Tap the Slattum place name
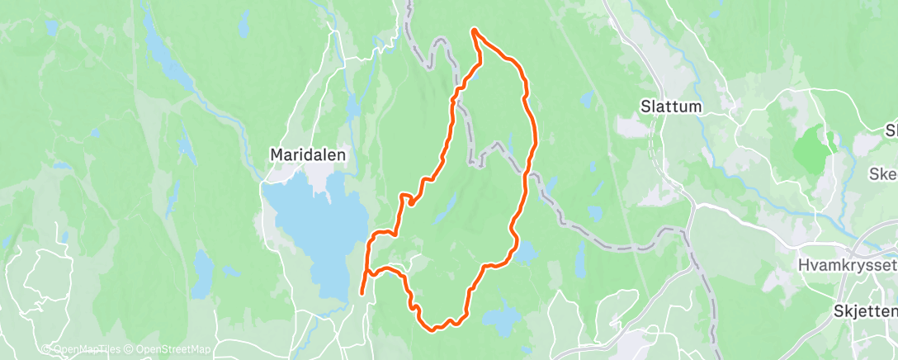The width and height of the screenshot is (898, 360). click(671, 107)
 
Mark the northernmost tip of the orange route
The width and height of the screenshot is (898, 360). click(474, 31)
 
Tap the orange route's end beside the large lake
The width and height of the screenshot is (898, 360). click(362, 292)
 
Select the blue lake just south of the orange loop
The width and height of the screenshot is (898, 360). click(501, 316)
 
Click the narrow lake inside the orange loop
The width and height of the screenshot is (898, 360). click(446, 211)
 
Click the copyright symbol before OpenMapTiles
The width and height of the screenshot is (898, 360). click(47, 349)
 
